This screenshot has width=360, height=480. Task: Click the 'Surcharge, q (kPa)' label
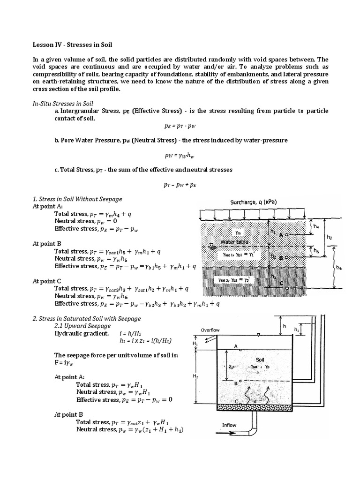coord(254,202)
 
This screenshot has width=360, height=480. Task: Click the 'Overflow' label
coord(210,330)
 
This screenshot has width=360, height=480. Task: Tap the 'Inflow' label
coord(230,426)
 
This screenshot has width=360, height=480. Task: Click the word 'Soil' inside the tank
coord(260,360)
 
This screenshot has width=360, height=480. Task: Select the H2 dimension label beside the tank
coord(195,376)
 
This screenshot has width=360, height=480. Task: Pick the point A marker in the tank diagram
coord(240,349)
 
